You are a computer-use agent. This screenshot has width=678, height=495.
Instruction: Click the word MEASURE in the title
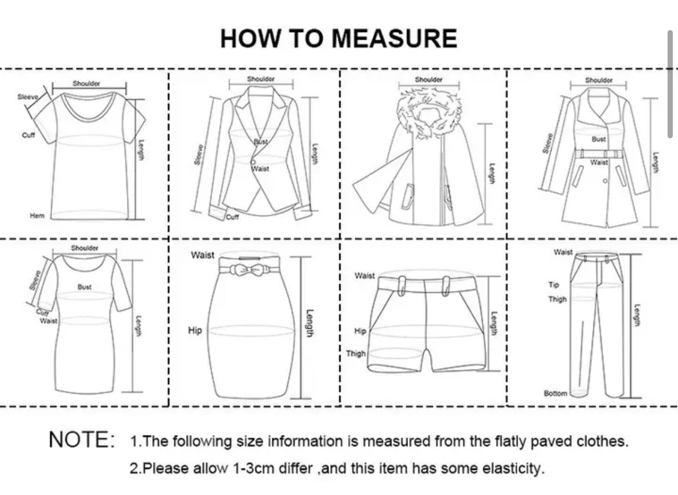(x=395, y=38)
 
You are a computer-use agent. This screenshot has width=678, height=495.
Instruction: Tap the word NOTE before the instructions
(x=82, y=440)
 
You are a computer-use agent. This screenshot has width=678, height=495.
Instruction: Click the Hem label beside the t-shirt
(x=37, y=215)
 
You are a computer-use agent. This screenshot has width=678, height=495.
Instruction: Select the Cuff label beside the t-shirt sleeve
(x=28, y=135)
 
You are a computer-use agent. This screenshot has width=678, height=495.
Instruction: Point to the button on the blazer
(x=253, y=162)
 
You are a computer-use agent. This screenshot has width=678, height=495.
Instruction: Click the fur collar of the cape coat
(x=429, y=112)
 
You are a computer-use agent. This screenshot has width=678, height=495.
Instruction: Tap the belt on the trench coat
(x=599, y=154)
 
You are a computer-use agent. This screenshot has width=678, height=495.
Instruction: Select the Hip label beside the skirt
(x=195, y=331)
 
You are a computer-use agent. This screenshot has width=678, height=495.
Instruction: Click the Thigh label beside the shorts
(x=355, y=354)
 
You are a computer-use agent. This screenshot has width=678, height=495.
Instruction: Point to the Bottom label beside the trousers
(x=555, y=394)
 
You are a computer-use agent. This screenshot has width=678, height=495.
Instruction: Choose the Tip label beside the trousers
(x=554, y=285)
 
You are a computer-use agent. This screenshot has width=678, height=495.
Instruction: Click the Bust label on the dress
(x=85, y=287)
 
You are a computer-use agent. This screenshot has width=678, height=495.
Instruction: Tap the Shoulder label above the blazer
(x=261, y=79)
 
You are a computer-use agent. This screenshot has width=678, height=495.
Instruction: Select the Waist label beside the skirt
(x=202, y=255)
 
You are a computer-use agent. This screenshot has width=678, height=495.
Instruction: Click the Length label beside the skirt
(x=309, y=324)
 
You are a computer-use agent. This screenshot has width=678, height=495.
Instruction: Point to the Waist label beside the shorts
(x=364, y=276)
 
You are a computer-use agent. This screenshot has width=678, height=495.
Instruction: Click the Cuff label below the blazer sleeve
(x=232, y=217)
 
